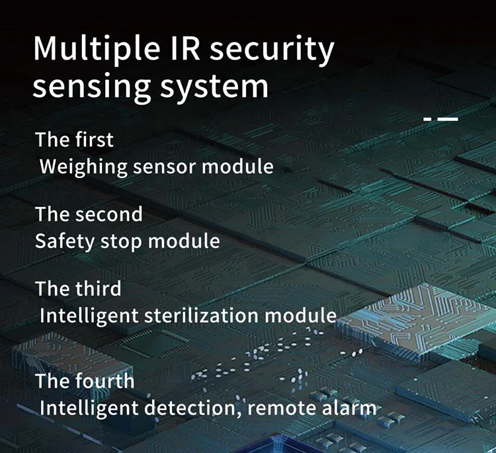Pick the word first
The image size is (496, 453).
(94, 140)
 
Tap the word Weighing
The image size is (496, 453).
(83, 166)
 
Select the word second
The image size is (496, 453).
(108, 214)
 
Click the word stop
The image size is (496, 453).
(122, 241)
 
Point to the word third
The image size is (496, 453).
(99, 289)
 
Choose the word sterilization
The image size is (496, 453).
(204, 315)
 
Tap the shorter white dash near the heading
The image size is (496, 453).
(427, 120)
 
